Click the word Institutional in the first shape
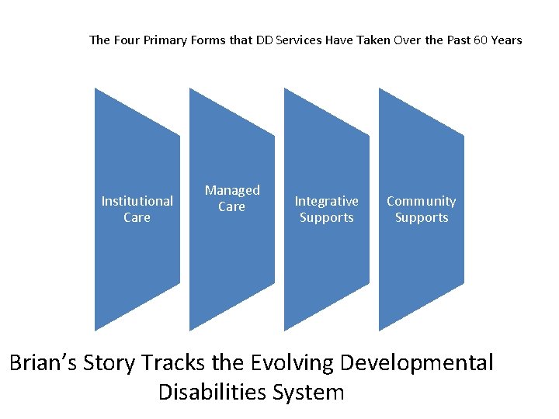click(137, 201)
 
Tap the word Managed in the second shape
click(232, 190)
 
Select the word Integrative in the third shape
click(326, 201)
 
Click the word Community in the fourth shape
click(421, 201)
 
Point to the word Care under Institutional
click(137, 218)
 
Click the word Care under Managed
click(231, 207)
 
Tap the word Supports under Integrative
click(326, 218)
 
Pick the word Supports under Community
click(421, 218)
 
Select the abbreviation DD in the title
click(264, 40)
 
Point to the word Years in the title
click(506, 40)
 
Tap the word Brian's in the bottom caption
click(46, 363)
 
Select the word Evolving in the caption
click(296, 363)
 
